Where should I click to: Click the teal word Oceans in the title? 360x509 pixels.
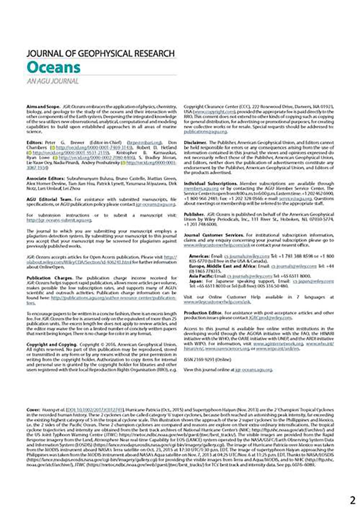53,67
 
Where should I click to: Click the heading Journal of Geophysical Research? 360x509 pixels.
100,54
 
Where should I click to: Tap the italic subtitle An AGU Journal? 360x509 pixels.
53,81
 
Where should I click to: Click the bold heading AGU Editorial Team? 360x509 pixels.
49,199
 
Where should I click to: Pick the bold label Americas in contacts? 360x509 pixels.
199,256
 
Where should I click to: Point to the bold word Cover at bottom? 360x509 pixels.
33,410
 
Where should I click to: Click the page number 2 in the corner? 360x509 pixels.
352,500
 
